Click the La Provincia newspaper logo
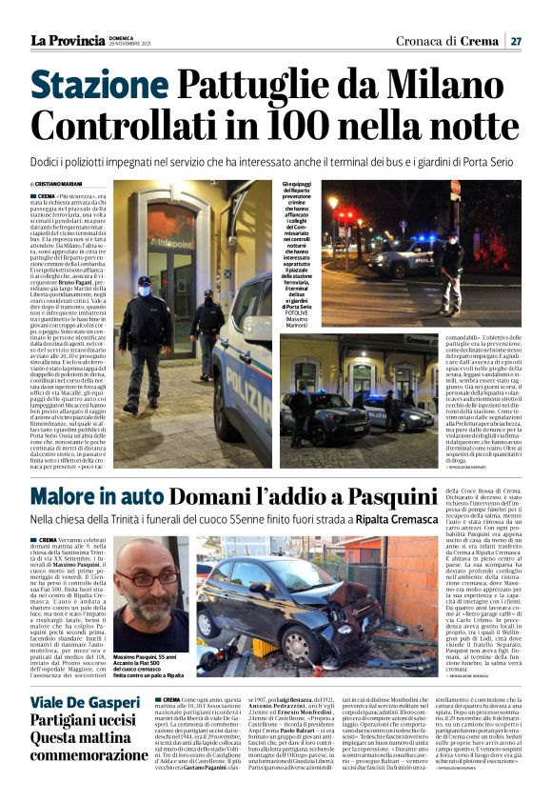pos(68,40)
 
